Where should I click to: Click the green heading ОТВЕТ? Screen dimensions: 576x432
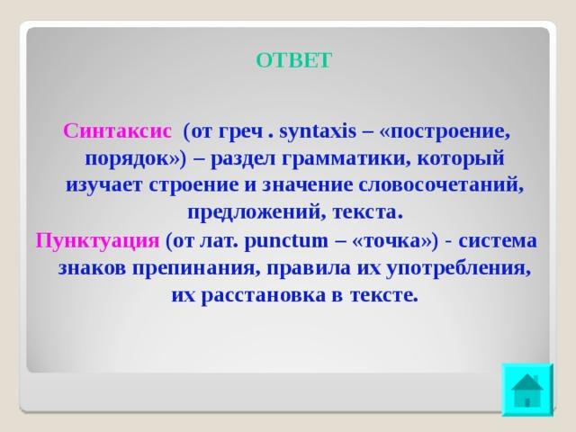point(294,60)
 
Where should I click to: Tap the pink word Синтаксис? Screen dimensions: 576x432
point(117,131)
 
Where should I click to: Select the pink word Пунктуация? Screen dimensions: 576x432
point(97,241)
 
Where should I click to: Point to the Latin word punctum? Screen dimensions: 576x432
point(285,242)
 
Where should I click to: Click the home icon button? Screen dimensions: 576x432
point(527,390)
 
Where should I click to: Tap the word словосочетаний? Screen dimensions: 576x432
point(440,185)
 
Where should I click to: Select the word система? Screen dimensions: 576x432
point(498,241)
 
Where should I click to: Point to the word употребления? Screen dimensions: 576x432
point(459,269)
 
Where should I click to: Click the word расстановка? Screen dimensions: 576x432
point(264,296)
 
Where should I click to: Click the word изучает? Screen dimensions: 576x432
point(103,186)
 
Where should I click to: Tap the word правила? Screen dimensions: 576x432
point(309,269)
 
